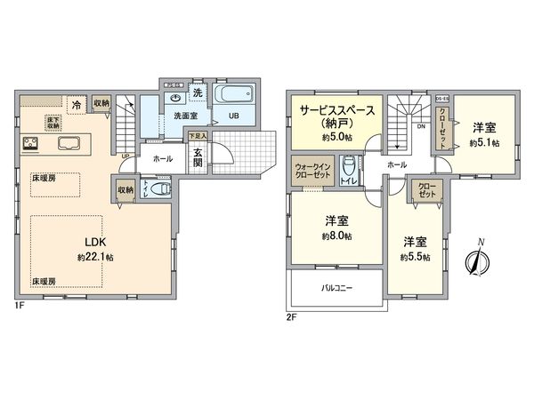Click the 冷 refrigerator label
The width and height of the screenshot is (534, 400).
(77, 105)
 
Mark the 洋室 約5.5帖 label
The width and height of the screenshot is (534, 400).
(415, 248)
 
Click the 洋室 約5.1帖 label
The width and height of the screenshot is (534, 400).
(484, 134)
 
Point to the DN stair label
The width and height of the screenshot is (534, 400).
(421, 127)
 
